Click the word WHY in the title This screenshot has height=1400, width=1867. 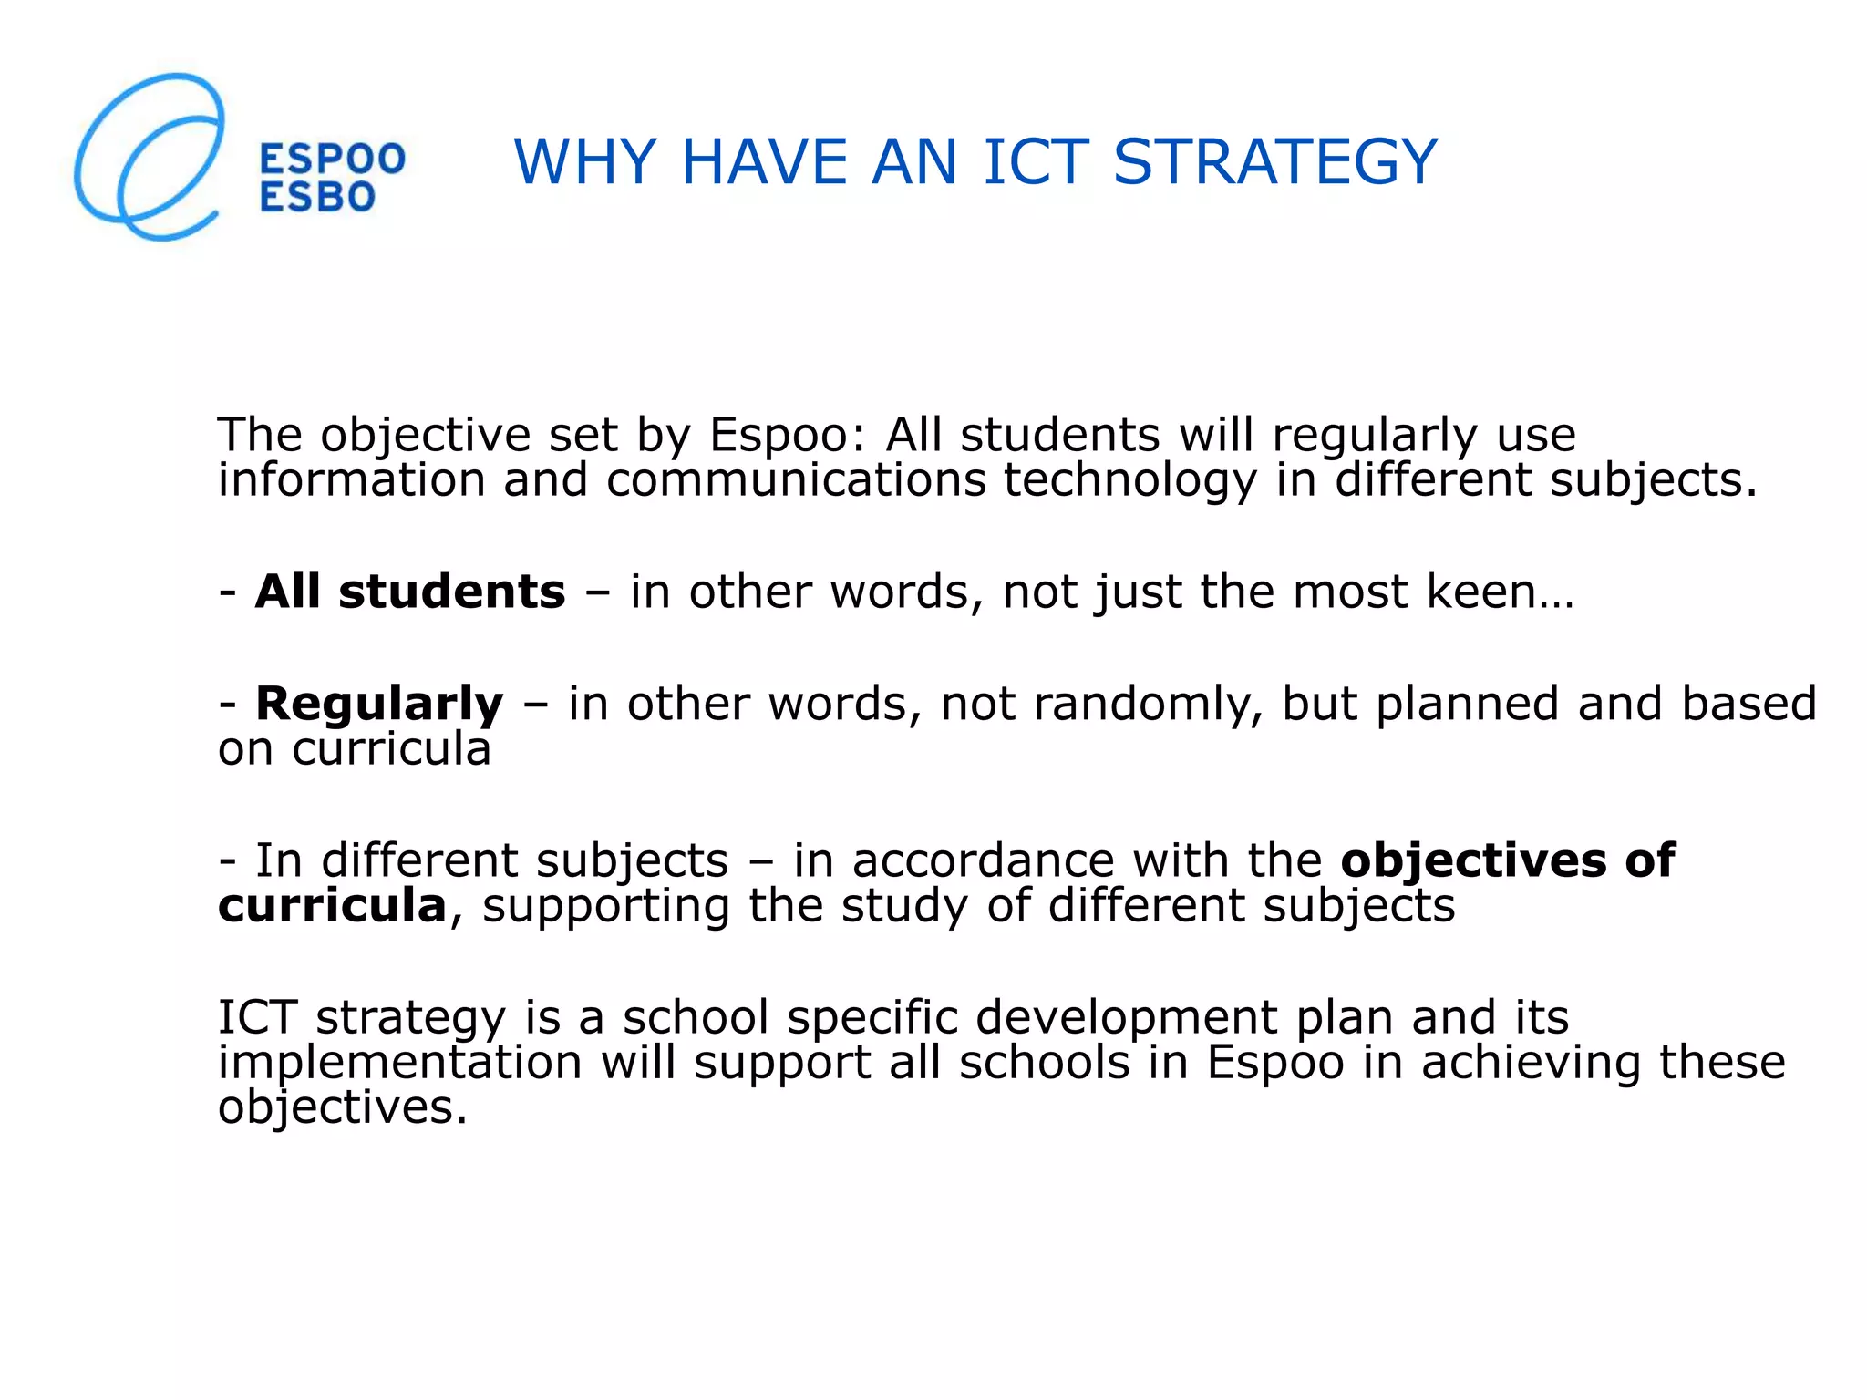tap(584, 162)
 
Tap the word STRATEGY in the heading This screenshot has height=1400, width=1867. tap(1274, 162)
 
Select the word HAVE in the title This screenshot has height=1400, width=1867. tap(764, 162)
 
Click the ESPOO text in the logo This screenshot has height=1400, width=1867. tap(332, 160)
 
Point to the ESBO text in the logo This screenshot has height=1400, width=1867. tap(317, 197)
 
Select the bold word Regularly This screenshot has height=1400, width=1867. tap(379, 704)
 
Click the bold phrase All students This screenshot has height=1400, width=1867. tap(410, 592)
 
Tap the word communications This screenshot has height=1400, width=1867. tap(796, 480)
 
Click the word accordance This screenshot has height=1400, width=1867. tap(983, 860)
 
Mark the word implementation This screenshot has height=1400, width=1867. tap(399, 1064)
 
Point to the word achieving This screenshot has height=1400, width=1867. tap(1531, 1064)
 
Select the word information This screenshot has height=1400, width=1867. tap(351, 480)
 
